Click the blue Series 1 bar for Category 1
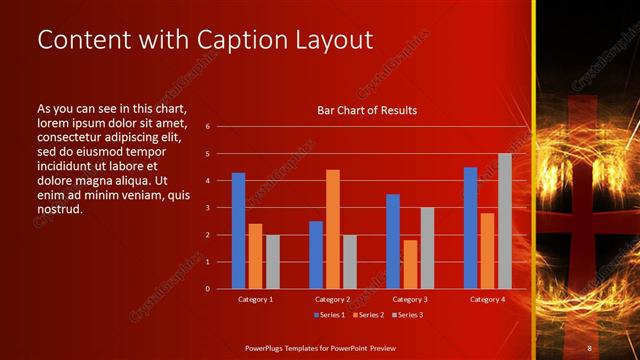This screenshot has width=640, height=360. point(238,231)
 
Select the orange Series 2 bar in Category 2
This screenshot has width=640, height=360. point(333,229)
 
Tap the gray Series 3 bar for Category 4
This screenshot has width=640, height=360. point(505,221)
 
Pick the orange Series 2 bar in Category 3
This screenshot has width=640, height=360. point(410,264)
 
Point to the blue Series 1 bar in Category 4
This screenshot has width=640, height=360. point(470,228)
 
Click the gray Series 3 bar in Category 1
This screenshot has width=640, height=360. point(273,262)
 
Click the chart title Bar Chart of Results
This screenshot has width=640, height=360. point(367,110)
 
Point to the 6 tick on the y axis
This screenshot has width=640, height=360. point(207,127)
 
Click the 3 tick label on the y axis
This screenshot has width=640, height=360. point(207,208)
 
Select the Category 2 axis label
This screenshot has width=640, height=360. point(332,299)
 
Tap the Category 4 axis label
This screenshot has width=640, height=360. point(487,299)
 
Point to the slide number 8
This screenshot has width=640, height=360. point(590,347)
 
